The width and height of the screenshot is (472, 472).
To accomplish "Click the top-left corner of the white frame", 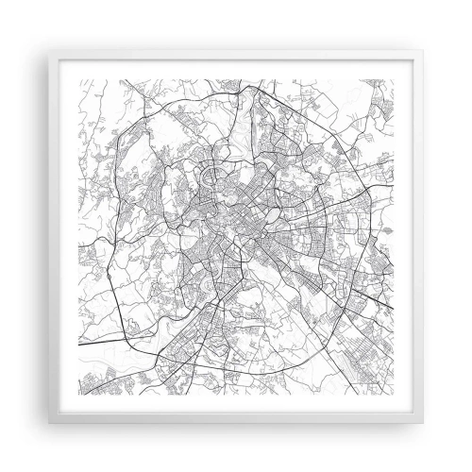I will tap(14, 13).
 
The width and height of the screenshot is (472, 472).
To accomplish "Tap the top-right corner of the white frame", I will tap(459, 13).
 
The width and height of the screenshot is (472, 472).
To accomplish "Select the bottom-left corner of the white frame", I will tap(14, 459).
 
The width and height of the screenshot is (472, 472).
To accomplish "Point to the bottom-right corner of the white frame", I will tap(459, 459).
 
